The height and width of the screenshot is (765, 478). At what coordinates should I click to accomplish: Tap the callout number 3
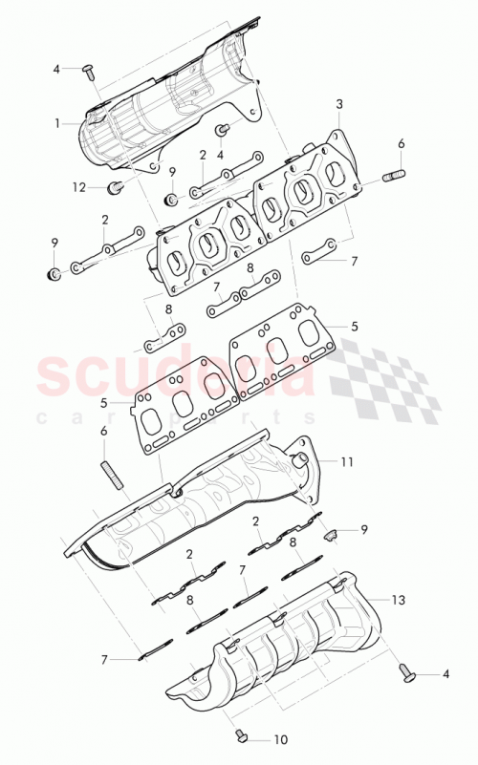338,103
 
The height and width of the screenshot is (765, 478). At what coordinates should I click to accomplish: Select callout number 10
279,739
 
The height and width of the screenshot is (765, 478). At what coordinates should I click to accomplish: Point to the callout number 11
347,461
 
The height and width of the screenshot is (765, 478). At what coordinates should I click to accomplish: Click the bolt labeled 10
241,734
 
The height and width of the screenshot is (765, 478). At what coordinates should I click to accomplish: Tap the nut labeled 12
115,187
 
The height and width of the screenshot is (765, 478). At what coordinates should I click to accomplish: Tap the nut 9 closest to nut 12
171,199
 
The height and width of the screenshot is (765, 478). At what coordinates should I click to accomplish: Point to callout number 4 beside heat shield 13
445,674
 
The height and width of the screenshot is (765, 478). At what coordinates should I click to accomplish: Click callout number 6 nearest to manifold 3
401,143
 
